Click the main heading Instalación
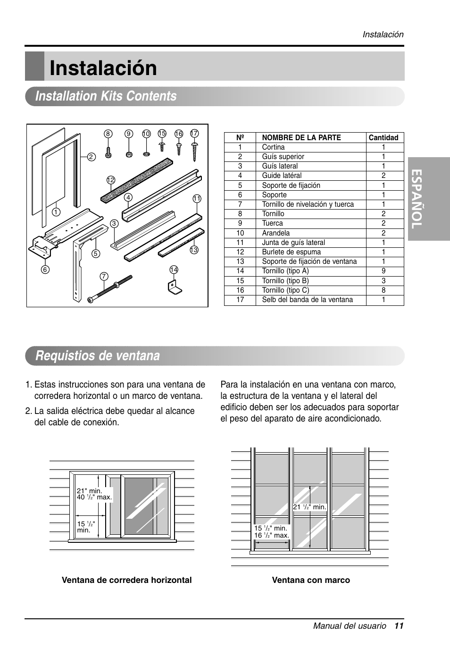point(103,68)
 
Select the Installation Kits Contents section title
point(106,96)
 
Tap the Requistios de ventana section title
point(98,356)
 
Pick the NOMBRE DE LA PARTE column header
point(301,138)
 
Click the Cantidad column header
point(383,138)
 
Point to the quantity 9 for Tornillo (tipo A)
point(383,271)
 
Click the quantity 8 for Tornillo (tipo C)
point(383,290)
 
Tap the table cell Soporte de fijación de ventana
point(309,261)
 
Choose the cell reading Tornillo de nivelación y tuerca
point(308,204)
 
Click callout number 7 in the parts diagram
point(104,276)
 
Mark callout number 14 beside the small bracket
point(174,270)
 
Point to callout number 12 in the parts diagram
point(111,180)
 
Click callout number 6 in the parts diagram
point(45,270)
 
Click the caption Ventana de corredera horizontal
point(126,580)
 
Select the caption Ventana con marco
point(311,580)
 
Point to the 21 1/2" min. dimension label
point(309,507)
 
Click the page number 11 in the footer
point(399,626)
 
